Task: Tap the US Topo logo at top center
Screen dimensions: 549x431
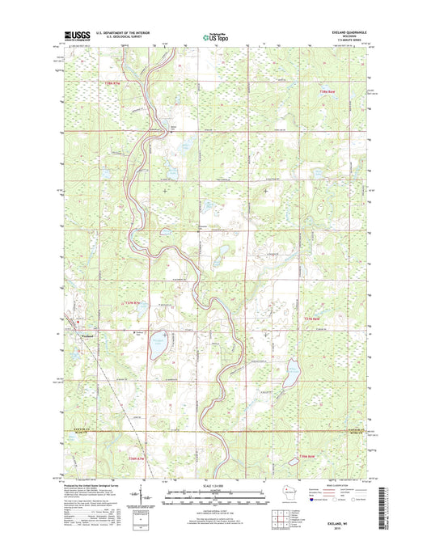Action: [214, 36]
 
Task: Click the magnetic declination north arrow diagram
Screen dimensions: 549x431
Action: [142, 496]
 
